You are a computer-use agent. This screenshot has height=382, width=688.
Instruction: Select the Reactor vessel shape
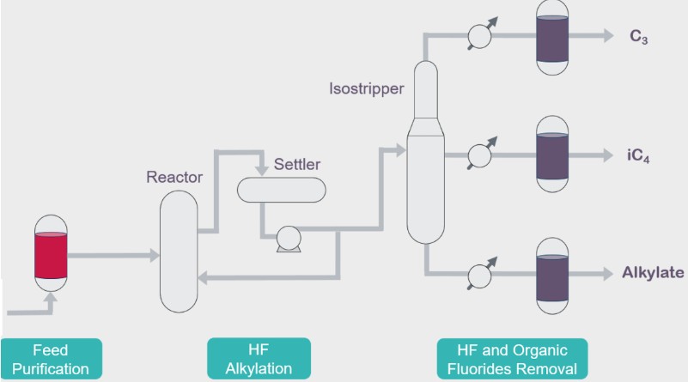click(178, 251)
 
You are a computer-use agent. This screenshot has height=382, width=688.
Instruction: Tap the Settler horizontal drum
click(281, 188)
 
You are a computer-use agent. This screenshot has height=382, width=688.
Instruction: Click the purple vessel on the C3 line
click(551, 36)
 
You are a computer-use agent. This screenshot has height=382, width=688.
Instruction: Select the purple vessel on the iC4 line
click(551, 155)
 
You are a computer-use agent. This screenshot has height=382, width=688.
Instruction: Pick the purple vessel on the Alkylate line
click(551, 275)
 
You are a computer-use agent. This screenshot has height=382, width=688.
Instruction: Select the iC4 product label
click(636, 156)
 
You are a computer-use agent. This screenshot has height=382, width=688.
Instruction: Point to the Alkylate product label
click(653, 274)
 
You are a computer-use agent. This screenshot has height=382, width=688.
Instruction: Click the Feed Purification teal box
click(51, 360)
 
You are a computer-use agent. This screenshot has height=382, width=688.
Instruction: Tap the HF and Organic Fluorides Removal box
click(512, 360)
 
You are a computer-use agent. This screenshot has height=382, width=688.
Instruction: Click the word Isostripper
click(366, 88)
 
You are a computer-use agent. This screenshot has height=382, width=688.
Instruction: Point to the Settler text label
click(297, 163)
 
